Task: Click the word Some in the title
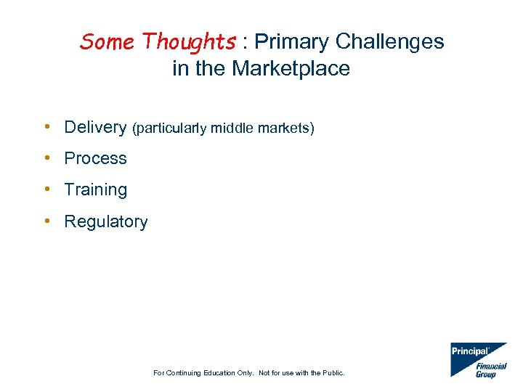[108, 42]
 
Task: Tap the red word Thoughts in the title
[189, 42]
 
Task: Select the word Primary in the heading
[290, 42]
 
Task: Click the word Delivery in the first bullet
[95, 127]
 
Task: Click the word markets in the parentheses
[284, 128]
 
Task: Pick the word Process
[95, 158]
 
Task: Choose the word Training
[95, 190]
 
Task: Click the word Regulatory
[105, 222]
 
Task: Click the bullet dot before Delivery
[46, 127]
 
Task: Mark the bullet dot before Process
[46, 158]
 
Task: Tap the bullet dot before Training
[46, 189]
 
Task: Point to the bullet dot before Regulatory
[46, 221]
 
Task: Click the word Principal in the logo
[469, 351]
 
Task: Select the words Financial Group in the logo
[490, 370]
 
